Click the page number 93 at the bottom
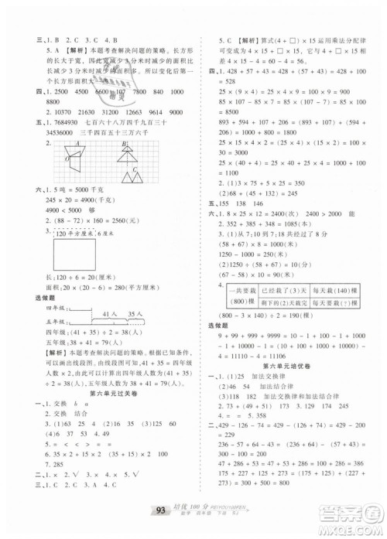[158, 510]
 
